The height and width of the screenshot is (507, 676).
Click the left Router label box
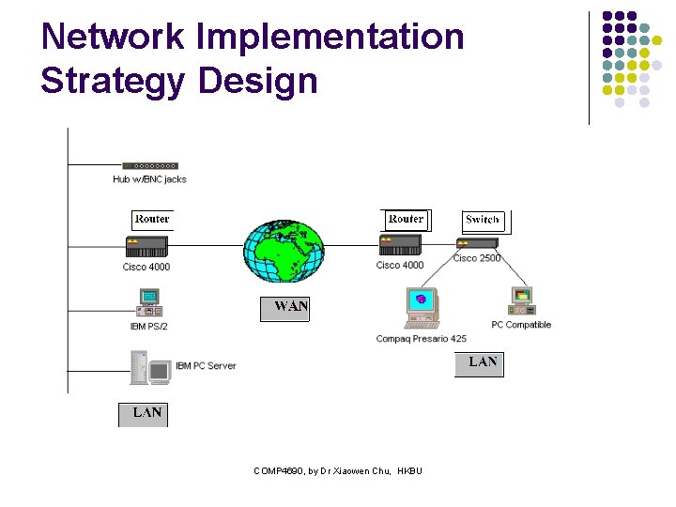point(152,220)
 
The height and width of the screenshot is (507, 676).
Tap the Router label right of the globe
point(406,220)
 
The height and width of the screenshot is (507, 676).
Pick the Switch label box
point(483,221)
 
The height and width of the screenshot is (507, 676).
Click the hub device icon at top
point(149,165)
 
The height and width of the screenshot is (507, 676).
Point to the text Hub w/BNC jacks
point(149,179)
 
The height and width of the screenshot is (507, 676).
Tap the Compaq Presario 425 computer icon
point(422,309)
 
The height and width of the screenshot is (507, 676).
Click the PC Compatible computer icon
point(521,301)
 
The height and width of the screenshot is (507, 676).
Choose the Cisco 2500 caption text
point(477,258)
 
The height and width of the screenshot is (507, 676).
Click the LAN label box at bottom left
point(145,413)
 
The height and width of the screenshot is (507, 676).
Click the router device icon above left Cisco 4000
point(146,246)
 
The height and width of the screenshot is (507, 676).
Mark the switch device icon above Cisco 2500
point(477,244)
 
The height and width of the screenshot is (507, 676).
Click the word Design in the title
point(258,81)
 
